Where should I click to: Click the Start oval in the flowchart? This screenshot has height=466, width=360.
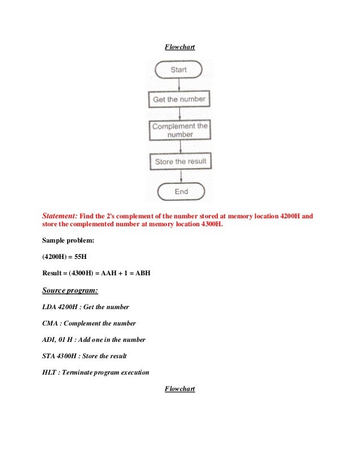(179, 69)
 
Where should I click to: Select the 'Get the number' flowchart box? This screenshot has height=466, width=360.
(179, 100)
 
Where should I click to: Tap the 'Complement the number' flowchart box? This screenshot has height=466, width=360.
(180, 130)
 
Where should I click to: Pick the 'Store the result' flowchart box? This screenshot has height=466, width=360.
(181, 161)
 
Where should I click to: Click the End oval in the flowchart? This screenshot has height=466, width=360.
(181, 192)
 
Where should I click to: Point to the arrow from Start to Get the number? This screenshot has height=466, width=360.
(179, 84)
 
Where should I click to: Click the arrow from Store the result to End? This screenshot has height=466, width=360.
(181, 176)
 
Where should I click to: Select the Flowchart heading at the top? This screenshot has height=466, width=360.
(179, 47)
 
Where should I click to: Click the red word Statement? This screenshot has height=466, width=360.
(60, 216)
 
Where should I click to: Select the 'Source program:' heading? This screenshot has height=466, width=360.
(70, 291)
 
